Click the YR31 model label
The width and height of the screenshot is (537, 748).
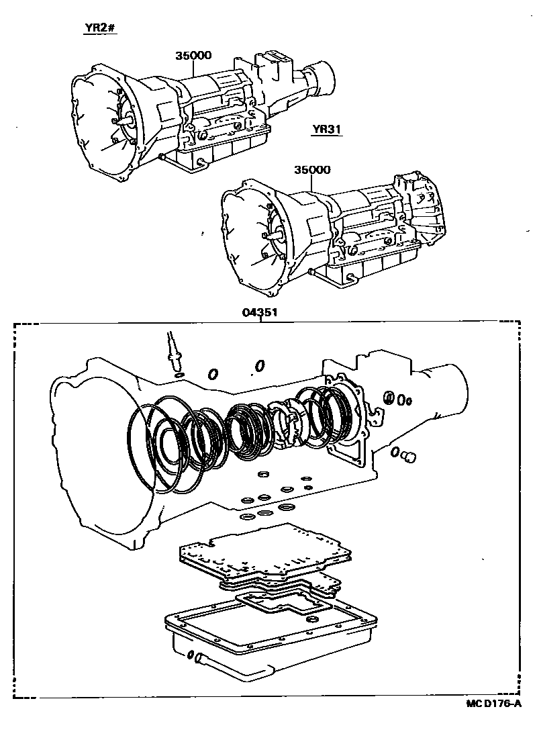[x=327, y=130]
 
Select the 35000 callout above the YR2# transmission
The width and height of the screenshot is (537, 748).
[x=193, y=57]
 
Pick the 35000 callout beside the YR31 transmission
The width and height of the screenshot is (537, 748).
[x=311, y=170]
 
